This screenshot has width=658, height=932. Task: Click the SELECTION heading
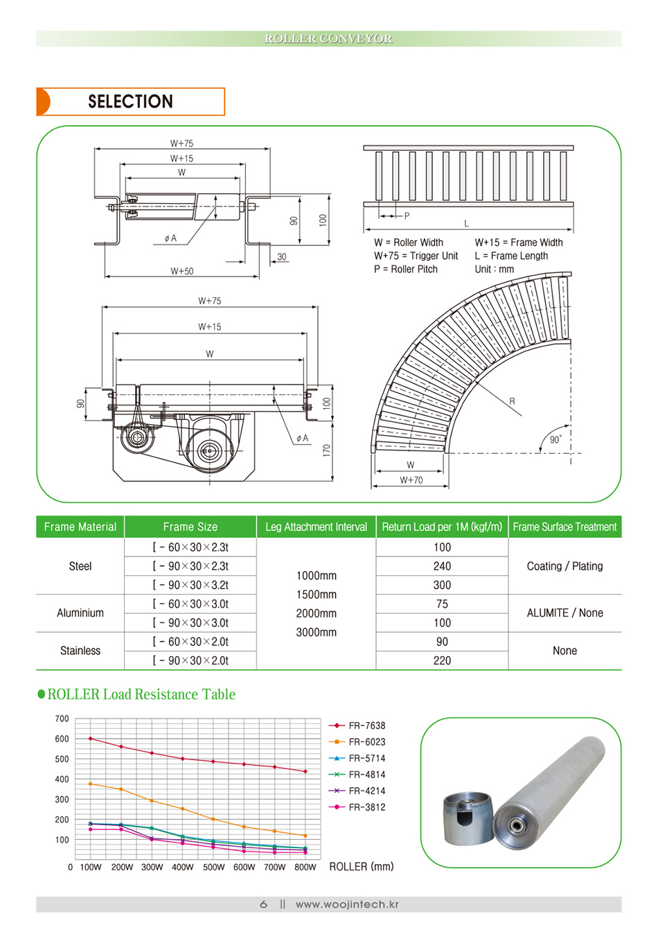(130, 102)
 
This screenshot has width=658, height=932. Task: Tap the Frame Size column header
(190, 527)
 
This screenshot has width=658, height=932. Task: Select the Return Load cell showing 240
(442, 566)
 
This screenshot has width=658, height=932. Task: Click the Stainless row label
(80, 651)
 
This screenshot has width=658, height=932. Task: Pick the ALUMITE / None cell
(564, 613)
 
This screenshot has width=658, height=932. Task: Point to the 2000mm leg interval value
(316, 613)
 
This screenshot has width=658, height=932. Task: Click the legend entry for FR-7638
(366, 726)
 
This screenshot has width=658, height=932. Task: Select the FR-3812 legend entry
(366, 807)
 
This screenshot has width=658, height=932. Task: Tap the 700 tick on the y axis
(62, 719)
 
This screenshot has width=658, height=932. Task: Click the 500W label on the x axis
(213, 867)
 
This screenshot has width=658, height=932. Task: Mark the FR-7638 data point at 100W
(91, 739)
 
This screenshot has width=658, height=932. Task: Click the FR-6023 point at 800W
(305, 836)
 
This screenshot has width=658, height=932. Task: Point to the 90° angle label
(555, 439)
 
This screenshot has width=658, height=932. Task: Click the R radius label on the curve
(512, 401)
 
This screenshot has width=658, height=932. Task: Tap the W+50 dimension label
(182, 271)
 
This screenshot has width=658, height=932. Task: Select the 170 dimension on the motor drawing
(327, 450)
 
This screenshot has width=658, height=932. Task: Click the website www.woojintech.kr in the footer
(346, 904)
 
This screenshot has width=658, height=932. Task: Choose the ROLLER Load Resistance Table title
(141, 694)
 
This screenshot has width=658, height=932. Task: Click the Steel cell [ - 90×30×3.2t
(190, 585)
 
